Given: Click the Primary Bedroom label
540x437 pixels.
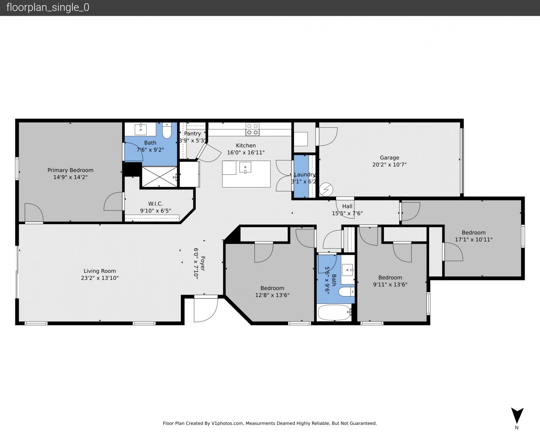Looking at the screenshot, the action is click(70, 170).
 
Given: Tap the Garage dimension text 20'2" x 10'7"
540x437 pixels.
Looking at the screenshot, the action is click(390, 165).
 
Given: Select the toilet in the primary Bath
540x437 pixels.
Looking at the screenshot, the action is click(167, 130).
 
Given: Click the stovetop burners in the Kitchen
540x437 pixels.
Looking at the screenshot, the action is click(252, 129).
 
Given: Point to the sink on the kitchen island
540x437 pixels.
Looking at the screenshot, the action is click(245, 167).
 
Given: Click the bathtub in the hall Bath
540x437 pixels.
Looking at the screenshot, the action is click(335, 312).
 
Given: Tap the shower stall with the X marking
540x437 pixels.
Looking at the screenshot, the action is click(159, 176).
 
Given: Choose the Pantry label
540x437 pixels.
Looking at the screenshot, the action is click(193, 134).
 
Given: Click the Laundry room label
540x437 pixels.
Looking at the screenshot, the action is click(305, 174).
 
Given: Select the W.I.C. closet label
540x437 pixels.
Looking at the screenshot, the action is click(155, 204).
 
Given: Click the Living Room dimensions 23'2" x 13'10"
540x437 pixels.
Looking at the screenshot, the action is click(100, 278).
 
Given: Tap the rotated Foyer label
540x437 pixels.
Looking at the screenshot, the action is click(203, 263).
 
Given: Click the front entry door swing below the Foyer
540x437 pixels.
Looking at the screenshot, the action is click(206, 309).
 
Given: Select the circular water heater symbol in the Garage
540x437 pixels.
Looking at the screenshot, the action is click(326, 189).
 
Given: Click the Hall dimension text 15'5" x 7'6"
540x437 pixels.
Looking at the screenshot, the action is click(347, 214).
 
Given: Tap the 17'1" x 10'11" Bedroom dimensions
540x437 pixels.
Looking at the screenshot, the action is click(474, 240).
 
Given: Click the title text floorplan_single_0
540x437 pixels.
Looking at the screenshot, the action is click(48, 8).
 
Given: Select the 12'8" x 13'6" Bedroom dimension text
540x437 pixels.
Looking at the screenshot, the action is click(272, 295).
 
